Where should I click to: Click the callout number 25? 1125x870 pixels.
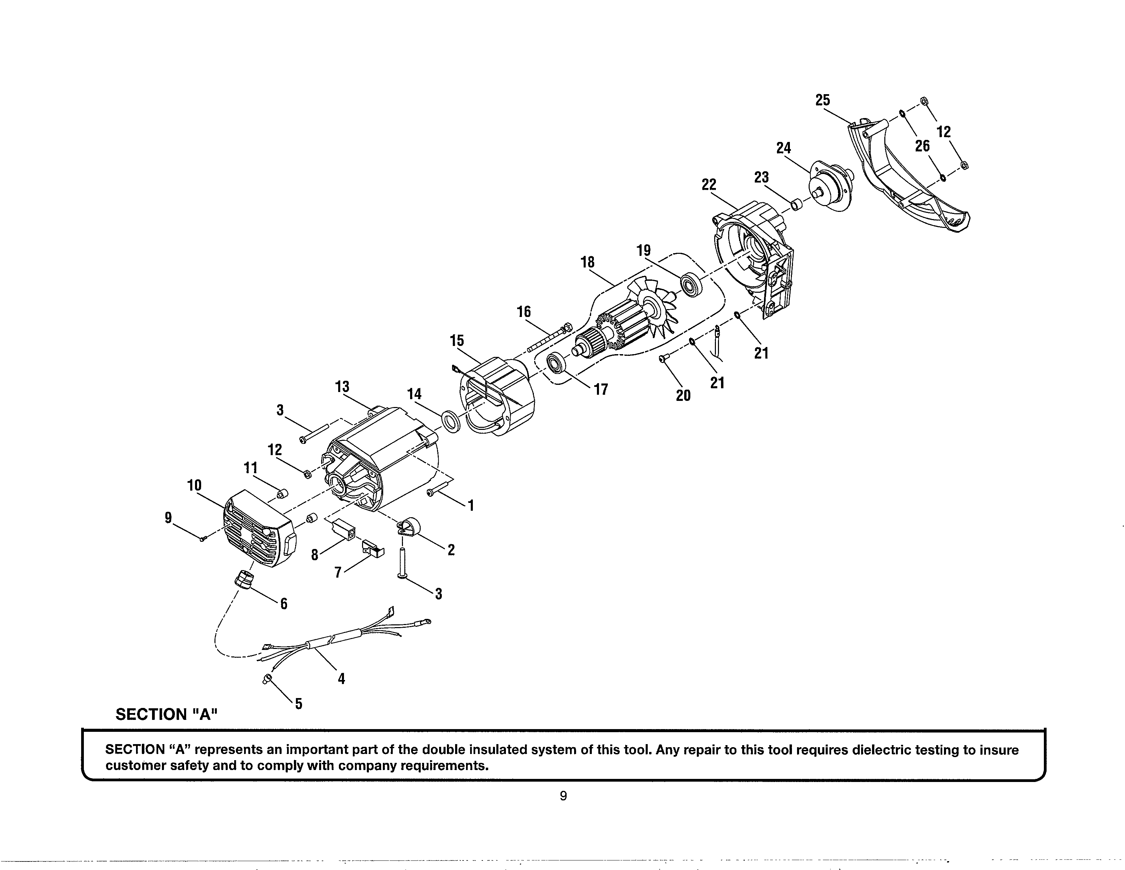[x=823, y=100]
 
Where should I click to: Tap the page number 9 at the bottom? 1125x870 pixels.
[x=563, y=796]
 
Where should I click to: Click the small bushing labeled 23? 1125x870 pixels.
[x=797, y=205]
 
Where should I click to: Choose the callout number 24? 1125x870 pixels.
[x=783, y=148]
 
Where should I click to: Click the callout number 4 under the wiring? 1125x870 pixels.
[x=341, y=679]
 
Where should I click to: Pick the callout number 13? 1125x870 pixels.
[x=342, y=387]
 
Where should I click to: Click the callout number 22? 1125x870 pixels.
[x=709, y=184]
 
